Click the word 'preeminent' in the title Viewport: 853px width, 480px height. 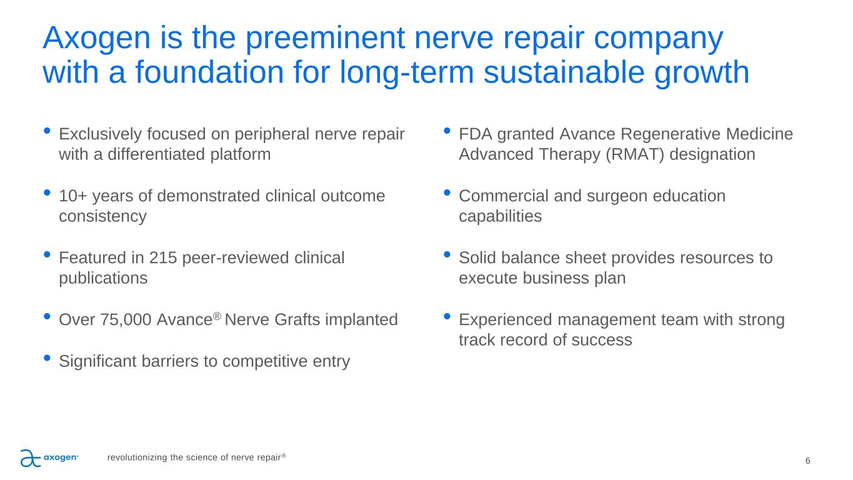pos(325,39)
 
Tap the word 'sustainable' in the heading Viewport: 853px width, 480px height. pos(564,72)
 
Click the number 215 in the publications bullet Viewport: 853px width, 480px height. pos(162,258)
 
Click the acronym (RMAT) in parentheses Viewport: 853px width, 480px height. pos(635,154)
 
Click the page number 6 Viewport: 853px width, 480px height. pos(807,461)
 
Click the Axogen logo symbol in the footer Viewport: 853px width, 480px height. pos(30,458)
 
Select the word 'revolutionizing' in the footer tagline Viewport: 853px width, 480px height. pos(137,457)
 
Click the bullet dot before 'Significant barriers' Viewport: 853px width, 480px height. pos(47,357)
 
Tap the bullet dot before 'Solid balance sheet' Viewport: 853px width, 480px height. pos(447,254)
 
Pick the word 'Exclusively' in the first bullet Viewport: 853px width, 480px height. pos(100,134)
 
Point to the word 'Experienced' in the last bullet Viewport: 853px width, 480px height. pos(506,320)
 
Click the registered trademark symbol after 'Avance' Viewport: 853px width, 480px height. pos(217,316)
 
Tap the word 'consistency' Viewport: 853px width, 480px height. pos(103,216)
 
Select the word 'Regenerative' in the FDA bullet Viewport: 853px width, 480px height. pos(670,134)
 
